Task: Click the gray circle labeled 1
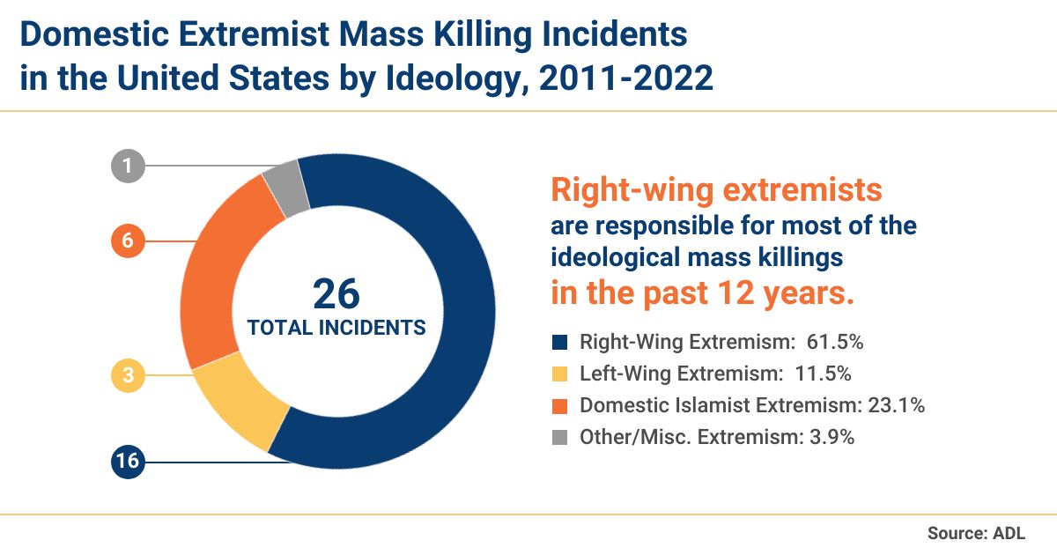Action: pos(128,165)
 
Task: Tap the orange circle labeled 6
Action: pos(128,241)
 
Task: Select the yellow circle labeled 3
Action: pos(128,376)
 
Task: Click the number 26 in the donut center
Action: pos(336,294)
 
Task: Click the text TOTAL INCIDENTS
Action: pos(336,328)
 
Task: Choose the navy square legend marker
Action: pos(558,342)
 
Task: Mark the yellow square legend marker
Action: pos(558,374)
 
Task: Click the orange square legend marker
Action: pos(558,405)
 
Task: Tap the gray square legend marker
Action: pos(558,437)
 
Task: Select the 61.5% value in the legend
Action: pos(827,342)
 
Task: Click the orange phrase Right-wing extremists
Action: pos(716,189)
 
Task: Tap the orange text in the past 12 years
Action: pos(702,292)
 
